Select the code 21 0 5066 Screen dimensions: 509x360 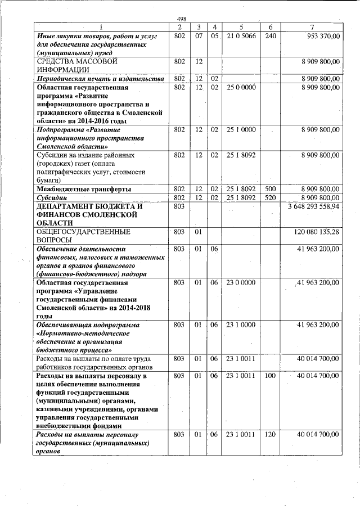click(241, 35)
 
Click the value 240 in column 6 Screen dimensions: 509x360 click(271, 35)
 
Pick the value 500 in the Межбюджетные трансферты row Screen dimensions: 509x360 click(271, 189)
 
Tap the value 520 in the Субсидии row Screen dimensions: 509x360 click(271, 197)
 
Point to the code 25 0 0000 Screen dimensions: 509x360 click(241, 88)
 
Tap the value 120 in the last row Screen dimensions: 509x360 click(271, 435)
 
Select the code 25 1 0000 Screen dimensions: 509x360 click(241, 130)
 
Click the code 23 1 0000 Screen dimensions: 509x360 click(241, 325)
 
